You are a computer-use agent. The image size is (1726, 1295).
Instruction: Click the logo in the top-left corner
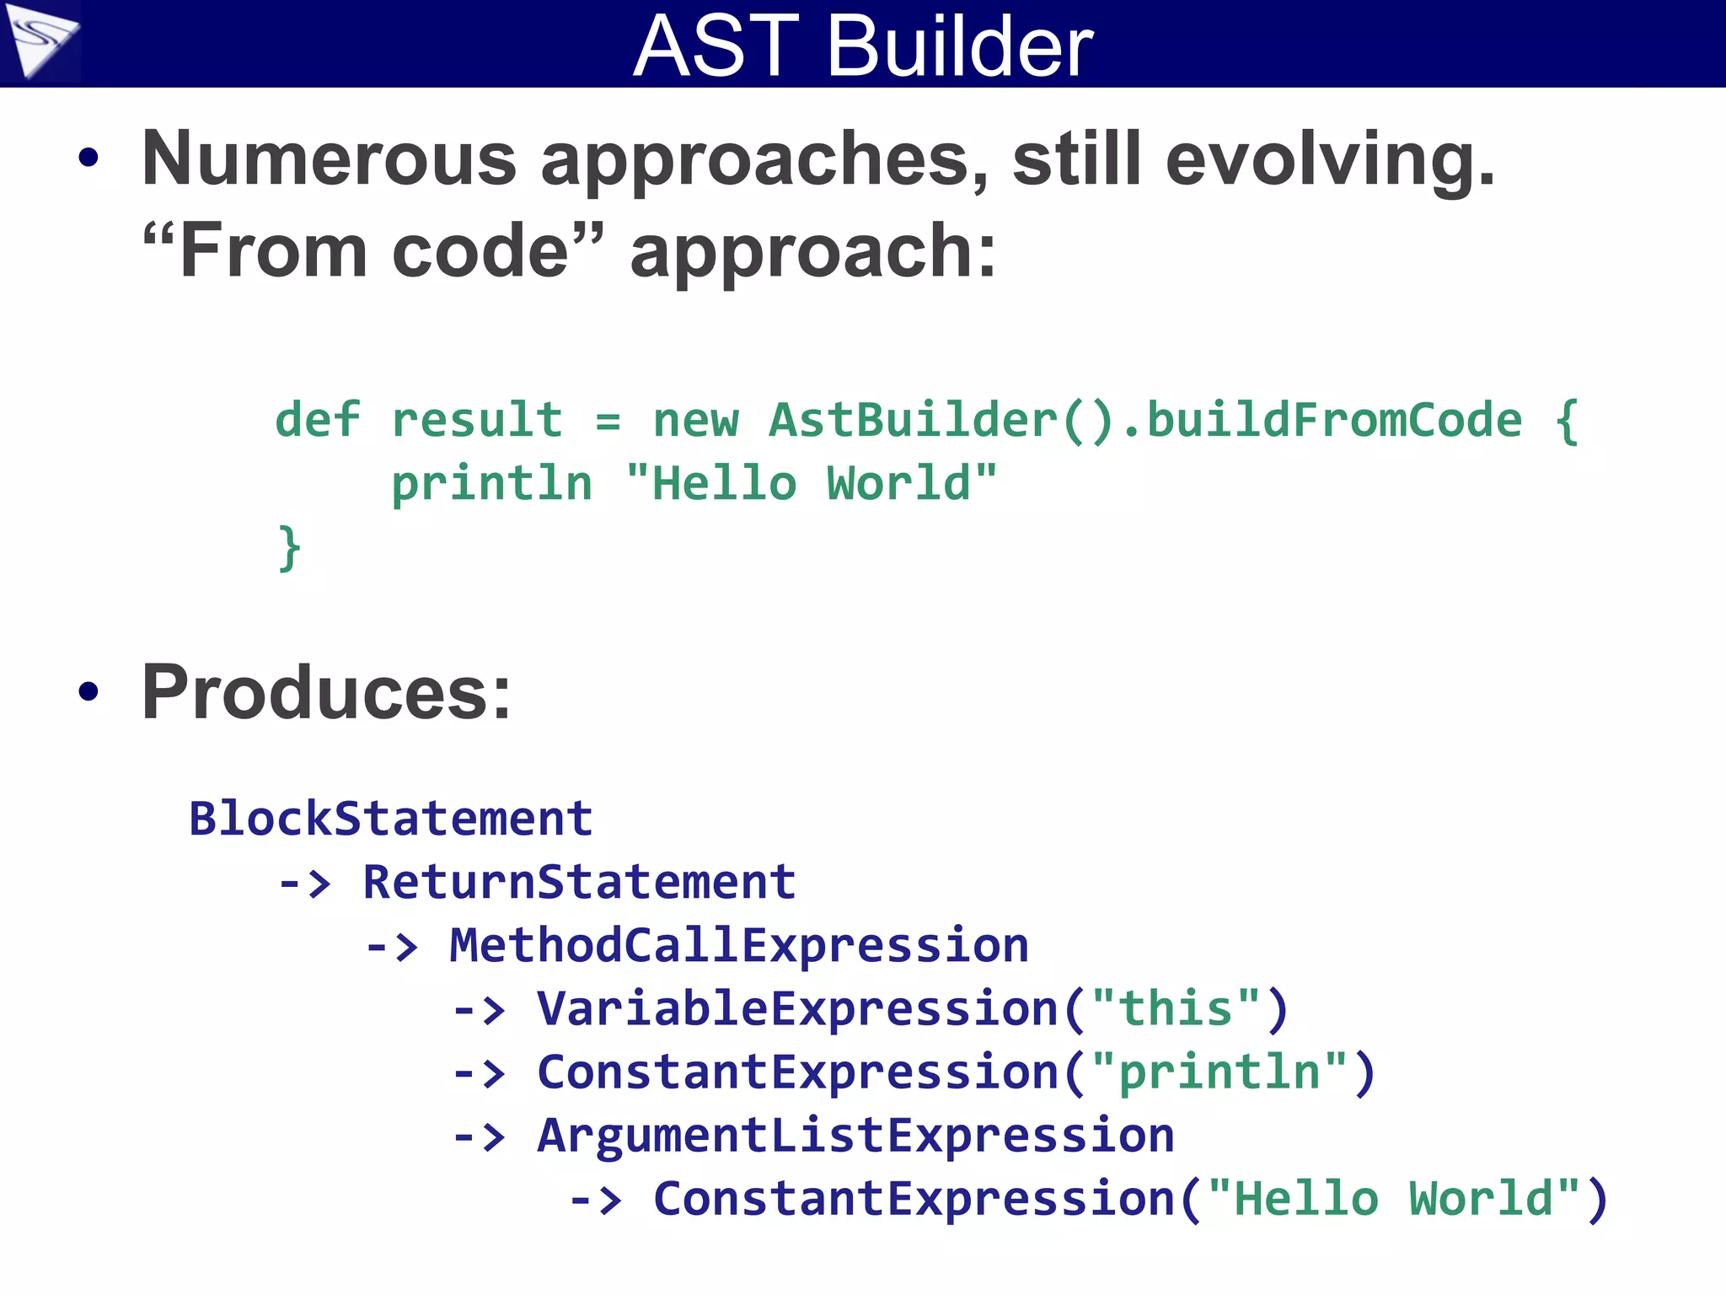[39, 40]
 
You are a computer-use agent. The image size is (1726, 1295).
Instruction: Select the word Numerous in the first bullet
[329, 159]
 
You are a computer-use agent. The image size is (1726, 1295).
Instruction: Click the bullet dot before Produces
[88, 692]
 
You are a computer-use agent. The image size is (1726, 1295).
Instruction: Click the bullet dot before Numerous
[88, 158]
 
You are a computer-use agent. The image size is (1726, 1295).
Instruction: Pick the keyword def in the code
[317, 419]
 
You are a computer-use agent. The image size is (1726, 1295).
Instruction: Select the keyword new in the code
[695, 421]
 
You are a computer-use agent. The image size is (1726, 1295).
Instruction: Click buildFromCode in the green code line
[1334, 419]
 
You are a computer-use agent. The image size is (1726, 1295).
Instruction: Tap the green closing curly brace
[289, 547]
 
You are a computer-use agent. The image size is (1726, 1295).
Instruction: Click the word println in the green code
[491, 485]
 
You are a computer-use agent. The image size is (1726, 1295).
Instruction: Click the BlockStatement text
[390, 819]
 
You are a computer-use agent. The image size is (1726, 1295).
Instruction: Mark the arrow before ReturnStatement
[305, 884]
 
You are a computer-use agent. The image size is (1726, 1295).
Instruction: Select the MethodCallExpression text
[738, 945]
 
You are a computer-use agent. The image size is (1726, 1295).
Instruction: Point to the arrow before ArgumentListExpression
[480, 1136]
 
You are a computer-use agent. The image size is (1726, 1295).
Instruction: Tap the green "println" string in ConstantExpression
[1219, 1072]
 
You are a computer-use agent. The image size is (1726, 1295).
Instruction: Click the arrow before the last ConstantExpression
[596, 1200]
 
